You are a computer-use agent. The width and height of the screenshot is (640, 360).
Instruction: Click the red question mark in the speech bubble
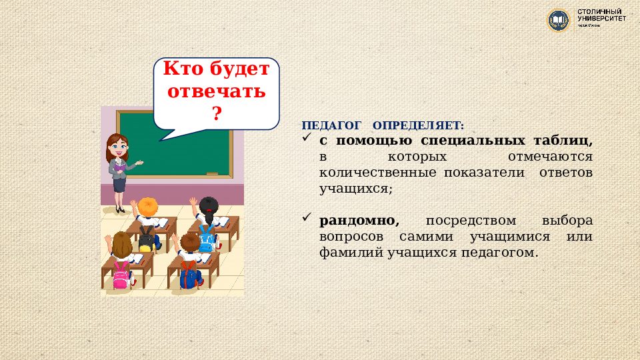(216, 113)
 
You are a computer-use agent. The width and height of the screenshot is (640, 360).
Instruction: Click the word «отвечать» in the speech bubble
(216, 91)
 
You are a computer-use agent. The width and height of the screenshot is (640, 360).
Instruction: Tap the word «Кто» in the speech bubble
(181, 69)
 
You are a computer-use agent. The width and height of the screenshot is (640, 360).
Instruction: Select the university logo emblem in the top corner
(557, 19)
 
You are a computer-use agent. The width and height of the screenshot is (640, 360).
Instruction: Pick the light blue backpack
(207, 236)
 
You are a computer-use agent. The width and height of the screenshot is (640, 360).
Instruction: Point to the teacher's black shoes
(120, 209)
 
